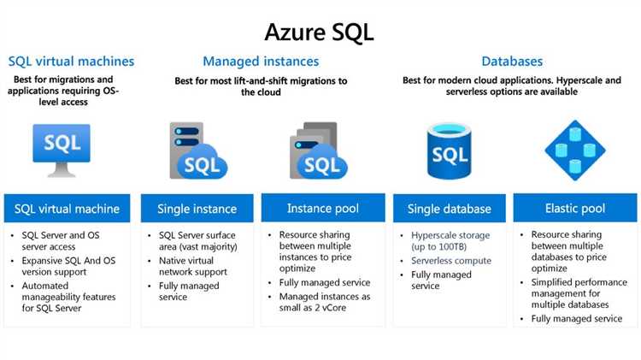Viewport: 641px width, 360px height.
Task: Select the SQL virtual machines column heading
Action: pos(71,62)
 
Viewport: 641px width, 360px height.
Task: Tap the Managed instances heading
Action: pos(261,62)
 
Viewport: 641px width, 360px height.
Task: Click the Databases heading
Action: pos(512,62)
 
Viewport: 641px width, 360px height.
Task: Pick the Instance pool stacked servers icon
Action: pos(315,149)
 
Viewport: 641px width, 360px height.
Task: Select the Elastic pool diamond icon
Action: pos(575,150)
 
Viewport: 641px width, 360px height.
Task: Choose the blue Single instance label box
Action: pos(197,209)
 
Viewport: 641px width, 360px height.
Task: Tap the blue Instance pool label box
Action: pos(321,208)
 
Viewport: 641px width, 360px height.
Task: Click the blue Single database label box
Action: pos(449,209)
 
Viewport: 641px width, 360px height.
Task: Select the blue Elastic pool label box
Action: pos(574,208)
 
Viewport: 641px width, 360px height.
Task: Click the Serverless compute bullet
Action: pos(451,261)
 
